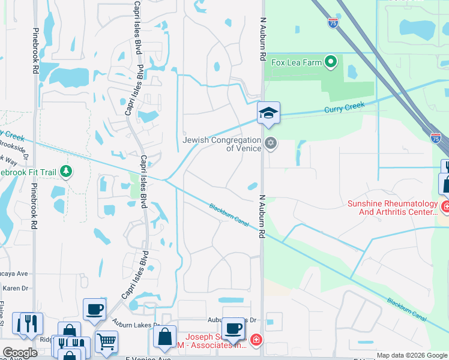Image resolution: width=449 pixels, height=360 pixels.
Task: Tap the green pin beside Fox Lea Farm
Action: (x=330, y=61)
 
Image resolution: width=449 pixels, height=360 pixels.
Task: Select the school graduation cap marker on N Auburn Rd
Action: (x=268, y=113)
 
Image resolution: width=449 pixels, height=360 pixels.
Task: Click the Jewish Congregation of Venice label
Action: (x=221, y=144)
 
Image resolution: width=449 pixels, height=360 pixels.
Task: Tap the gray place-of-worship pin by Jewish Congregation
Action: (x=271, y=144)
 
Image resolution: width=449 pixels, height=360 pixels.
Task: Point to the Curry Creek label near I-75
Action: (x=345, y=108)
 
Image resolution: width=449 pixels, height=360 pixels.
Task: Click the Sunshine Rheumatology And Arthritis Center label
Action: (x=393, y=208)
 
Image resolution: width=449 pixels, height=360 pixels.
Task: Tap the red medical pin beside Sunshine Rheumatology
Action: (x=445, y=208)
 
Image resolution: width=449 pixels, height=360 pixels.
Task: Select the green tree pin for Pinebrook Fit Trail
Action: (x=66, y=172)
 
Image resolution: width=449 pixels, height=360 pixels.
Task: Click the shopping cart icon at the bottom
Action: (x=106, y=341)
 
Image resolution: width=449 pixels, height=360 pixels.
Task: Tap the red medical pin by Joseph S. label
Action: (x=256, y=340)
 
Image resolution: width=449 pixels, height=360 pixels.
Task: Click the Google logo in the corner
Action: (x=20, y=352)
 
